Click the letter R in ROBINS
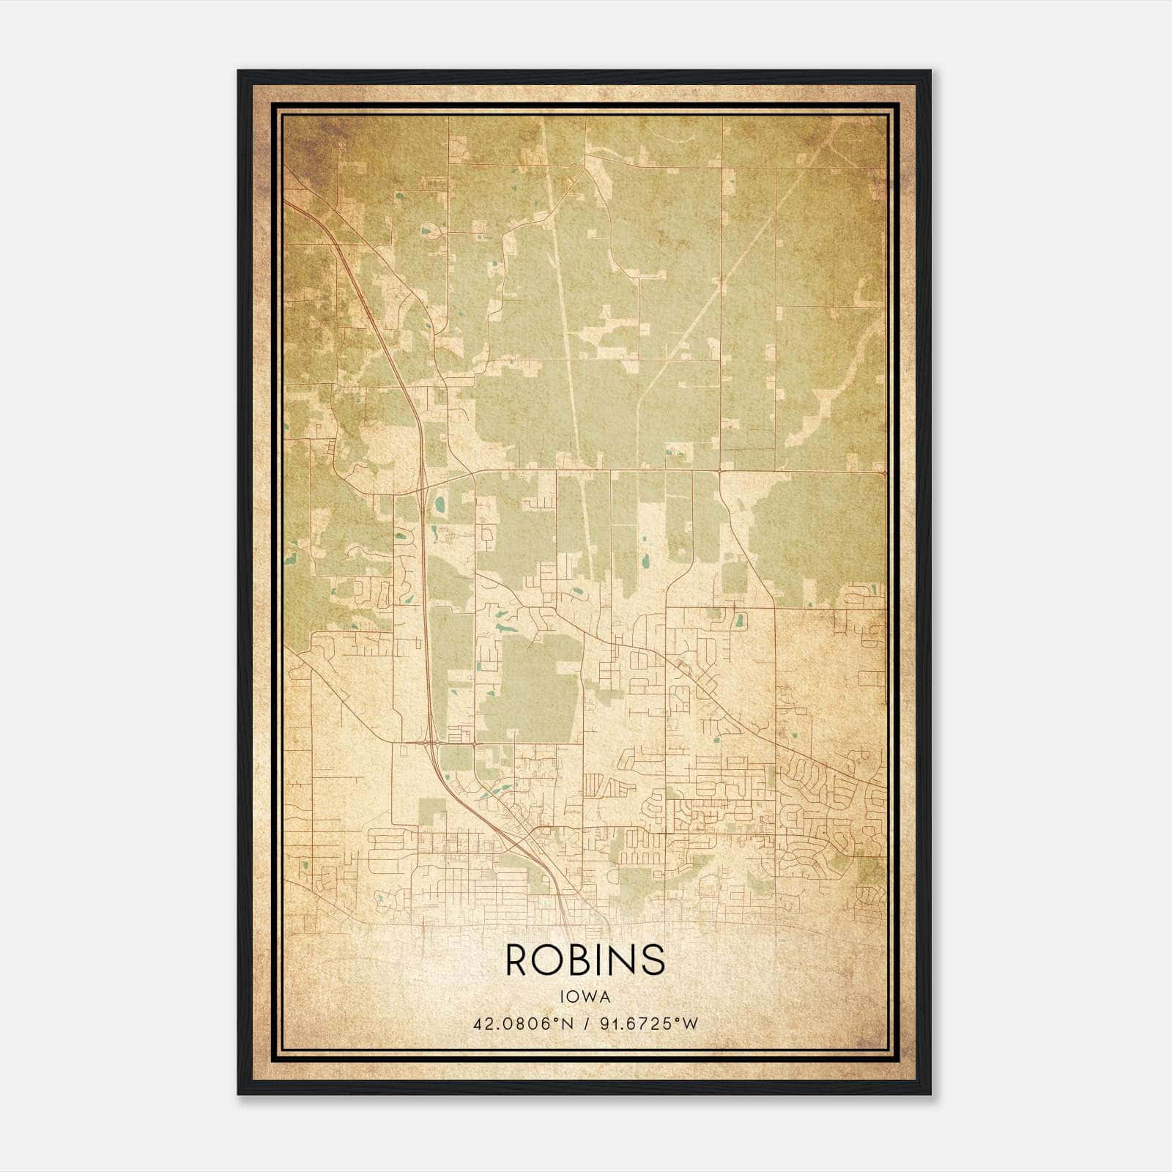(519, 960)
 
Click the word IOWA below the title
(585, 996)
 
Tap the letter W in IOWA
(590, 996)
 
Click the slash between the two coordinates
(586, 1023)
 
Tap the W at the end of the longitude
(689, 1023)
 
